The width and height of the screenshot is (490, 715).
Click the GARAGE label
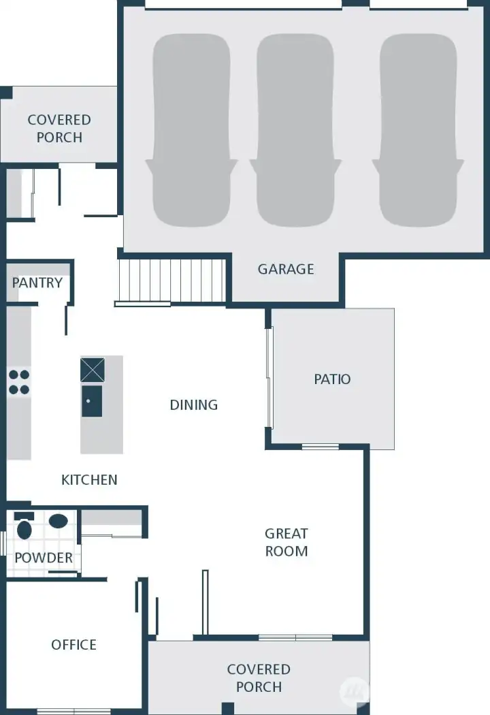[x=286, y=269]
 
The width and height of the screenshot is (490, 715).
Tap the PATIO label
[x=332, y=379]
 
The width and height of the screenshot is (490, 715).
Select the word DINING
[x=194, y=405]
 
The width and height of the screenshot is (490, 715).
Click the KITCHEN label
[x=89, y=480]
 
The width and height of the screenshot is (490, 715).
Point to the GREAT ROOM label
[x=287, y=543]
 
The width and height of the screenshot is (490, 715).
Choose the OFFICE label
[x=73, y=645]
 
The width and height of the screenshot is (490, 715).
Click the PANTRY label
[x=37, y=283]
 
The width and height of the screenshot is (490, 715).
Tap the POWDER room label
[x=44, y=558]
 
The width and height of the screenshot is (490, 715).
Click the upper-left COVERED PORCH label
[x=59, y=129]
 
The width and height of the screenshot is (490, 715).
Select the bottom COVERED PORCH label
[x=259, y=678]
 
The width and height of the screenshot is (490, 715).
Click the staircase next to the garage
[x=171, y=281]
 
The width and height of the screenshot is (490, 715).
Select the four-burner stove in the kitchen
[x=19, y=382]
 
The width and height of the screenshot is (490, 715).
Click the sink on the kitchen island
[x=92, y=400]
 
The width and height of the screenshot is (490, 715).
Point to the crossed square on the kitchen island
[x=93, y=370]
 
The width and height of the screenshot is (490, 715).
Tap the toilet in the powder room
[x=24, y=528]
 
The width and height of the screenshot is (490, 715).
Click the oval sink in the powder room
[x=59, y=522]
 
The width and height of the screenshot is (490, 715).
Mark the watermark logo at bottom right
[x=353, y=690]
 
